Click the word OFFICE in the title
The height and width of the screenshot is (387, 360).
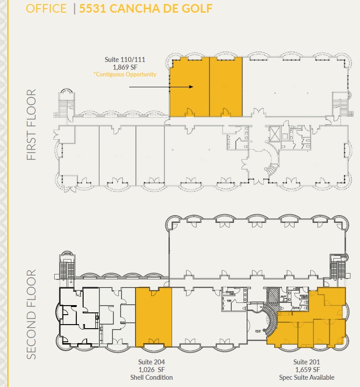tap(46, 9)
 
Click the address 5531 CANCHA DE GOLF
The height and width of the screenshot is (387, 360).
tap(146, 9)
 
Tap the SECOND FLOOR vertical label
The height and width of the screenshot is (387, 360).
tap(31, 315)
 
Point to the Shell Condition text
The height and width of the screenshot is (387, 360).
tap(152, 378)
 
